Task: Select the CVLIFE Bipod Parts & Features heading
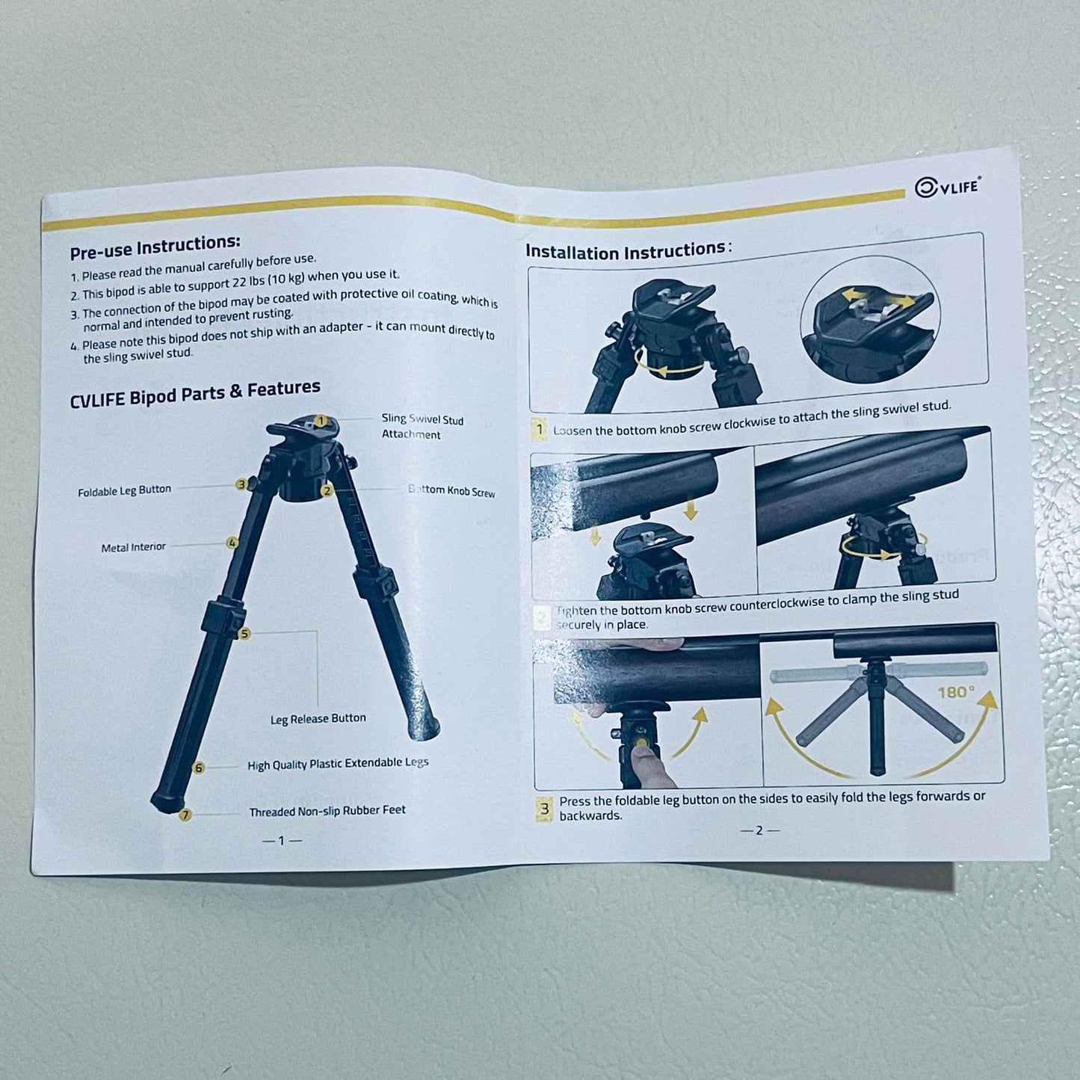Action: tap(195, 393)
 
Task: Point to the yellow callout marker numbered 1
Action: tap(320, 421)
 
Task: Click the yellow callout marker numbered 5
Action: tap(245, 634)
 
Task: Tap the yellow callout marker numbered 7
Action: tap(186, 815)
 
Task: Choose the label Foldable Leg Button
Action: tap(124, 491)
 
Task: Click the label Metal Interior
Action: tap(133, 547)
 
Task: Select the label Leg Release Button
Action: tap(318, 719)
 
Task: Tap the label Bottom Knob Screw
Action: tap(451, 491)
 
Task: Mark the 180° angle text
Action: tap(957, 692)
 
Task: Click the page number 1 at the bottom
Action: tap(281, 841)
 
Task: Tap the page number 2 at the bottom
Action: tap(759, 830)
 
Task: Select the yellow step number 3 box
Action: tap(544, 809)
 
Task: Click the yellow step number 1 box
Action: tap(540, 431)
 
